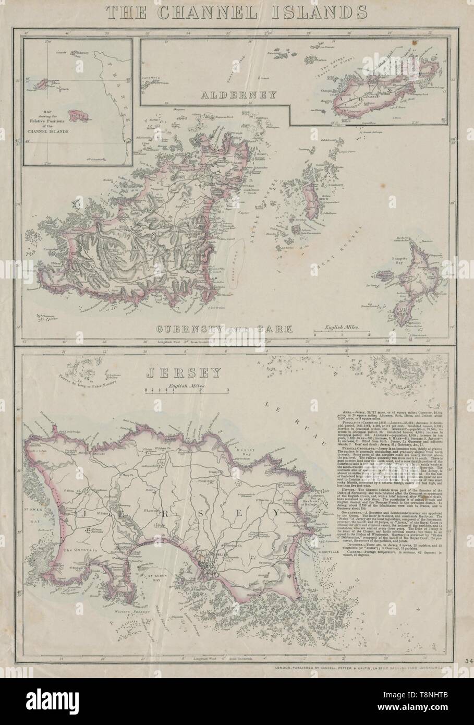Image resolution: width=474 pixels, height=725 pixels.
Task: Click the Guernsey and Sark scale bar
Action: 342,333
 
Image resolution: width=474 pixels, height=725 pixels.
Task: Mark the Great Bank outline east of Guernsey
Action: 237,252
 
